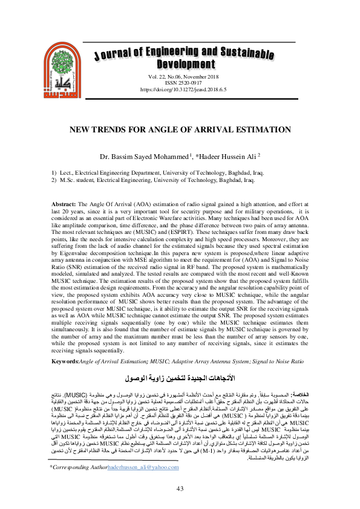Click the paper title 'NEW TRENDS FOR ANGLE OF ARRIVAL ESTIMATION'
click(x=180, y=129)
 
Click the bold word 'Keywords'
click(x=63, y=361)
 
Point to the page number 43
click(x=180, y=489)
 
